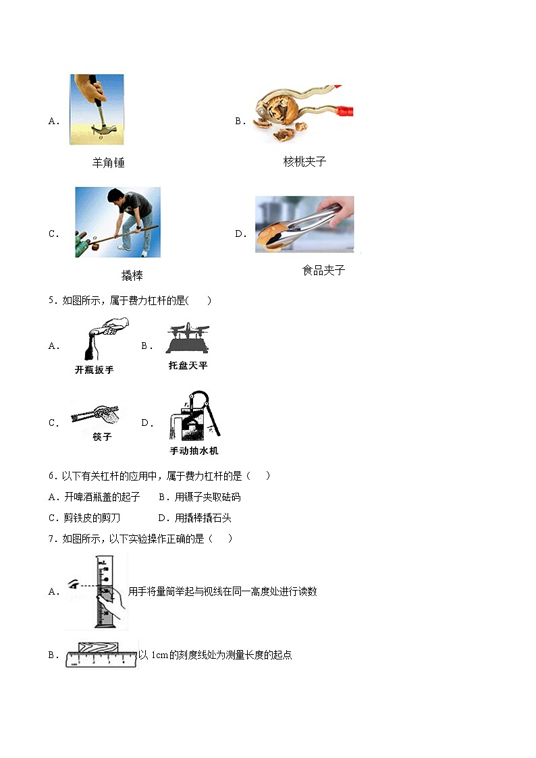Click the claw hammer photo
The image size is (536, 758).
point(97,109)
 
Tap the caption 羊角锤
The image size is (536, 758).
point(108,163)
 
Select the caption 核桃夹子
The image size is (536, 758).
point(304,161)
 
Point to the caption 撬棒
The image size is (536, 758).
point(132,275)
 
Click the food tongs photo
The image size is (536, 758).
point(304,225)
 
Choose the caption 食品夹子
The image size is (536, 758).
point(323,270)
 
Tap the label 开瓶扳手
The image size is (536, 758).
point(94,370)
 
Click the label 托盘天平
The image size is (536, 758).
point(188,365)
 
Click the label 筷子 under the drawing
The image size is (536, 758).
point(102,437)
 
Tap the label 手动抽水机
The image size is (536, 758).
point(194,450)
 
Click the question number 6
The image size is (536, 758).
point(51,476)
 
